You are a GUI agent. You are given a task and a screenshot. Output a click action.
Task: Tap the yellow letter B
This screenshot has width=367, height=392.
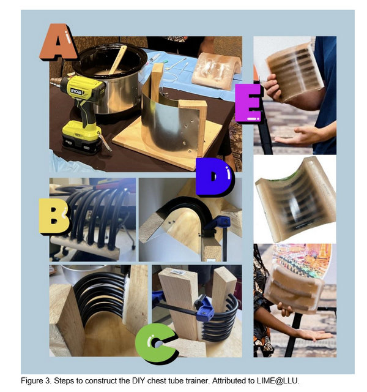click(54, 216)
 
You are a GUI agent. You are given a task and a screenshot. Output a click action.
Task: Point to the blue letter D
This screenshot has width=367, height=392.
click(214, 177)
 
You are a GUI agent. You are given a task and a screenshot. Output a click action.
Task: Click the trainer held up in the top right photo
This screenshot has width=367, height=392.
click(295, 72)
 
